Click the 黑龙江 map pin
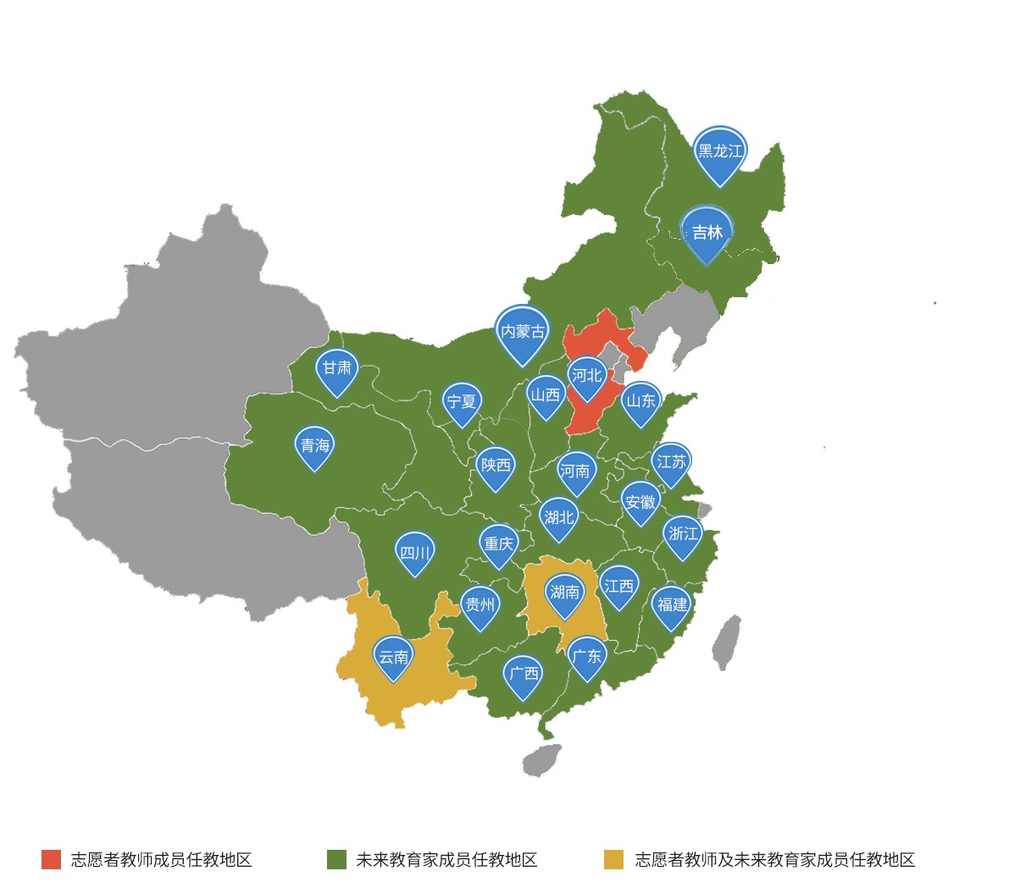(x=720, y=152)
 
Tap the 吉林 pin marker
(x=707, y=233)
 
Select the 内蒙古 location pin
(x=523, y=332)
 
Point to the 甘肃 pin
(x=337, y=369)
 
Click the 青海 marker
(x=315, y=446)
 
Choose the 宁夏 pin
(x=462, y=402)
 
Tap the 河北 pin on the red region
(x=587, y=376)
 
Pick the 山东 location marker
(x=641, y=401)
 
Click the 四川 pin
(x=415, y=554)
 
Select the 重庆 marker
(x=498, y=544)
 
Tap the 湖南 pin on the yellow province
(x=564, y=593)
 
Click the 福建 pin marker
(x=673, y=605)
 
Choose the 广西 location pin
(x=523, y=675)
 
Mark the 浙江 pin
(x=683, y=534)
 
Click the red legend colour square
(x=52, y=860)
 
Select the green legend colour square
(x=336, y=860)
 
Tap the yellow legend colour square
(x=613, y=860)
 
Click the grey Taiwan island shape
(x=727, y=642)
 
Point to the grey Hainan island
(x=541, y=760)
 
